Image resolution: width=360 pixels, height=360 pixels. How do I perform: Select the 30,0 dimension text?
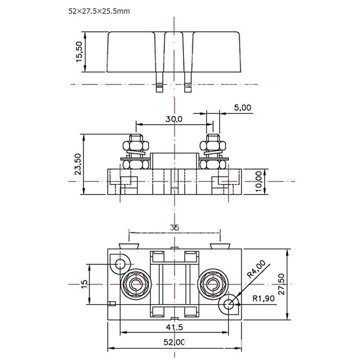[x=173, y=119]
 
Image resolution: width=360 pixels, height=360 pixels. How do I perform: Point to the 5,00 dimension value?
[x=243, y=108]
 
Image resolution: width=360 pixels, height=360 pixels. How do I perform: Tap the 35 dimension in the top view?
[x=175, y=228]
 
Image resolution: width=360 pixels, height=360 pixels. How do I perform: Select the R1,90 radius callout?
[x=264, y=297]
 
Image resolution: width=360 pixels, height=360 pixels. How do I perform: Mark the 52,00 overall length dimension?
[x=175, y=342]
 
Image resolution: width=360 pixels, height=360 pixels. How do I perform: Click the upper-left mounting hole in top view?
[x=121, y=263]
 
